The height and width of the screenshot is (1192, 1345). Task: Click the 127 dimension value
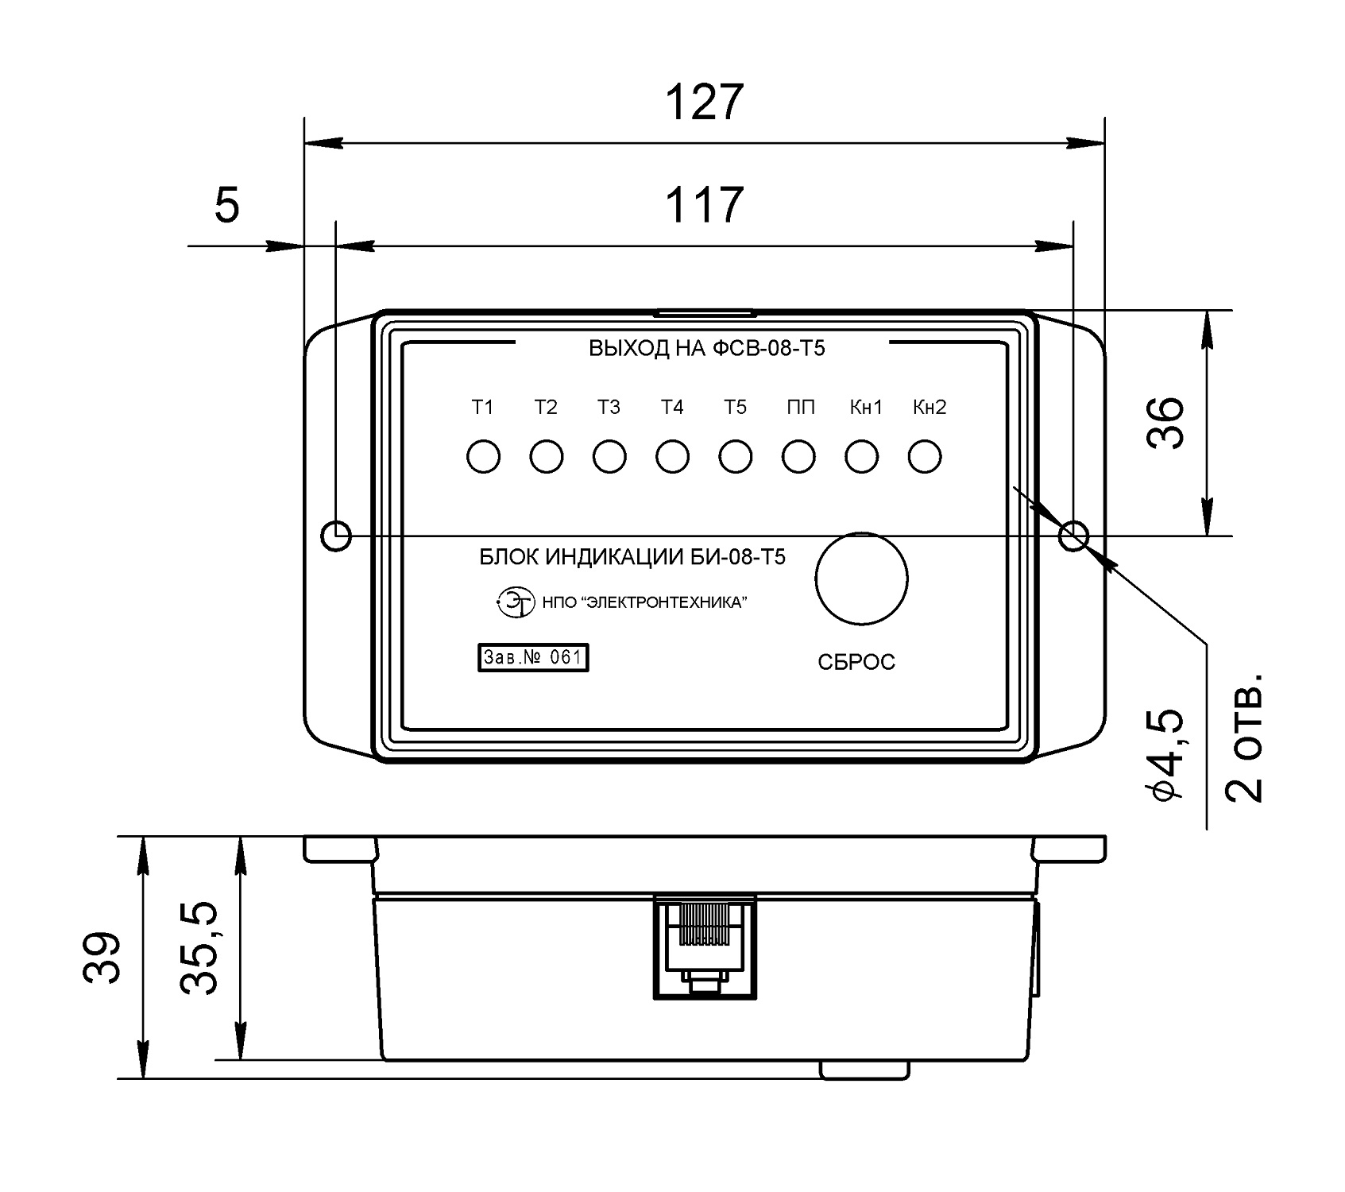click(x=703, y=103)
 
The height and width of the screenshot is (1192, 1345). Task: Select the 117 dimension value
click(x=703, y=205)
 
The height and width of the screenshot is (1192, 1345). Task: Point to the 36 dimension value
click(x=1166, y=422)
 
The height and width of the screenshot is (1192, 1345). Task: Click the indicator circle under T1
click(x=483, y=457)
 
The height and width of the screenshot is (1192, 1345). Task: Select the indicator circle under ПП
click(x=798, y=457)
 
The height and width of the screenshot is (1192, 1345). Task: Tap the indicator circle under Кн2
click(x=925, y=457)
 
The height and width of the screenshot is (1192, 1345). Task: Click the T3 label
click(x=609, y=408)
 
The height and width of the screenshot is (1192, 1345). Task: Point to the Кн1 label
click(x=866, y=408)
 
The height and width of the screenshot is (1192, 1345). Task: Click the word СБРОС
click(x=856, y=662)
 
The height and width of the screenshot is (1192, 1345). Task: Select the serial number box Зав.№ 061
click(x=533, y=658)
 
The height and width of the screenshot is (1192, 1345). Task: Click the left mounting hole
click(x=336, y=536)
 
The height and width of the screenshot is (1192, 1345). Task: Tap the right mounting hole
click(x=1074, y=536)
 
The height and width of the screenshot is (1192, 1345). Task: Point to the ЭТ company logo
click(x=514, y=602)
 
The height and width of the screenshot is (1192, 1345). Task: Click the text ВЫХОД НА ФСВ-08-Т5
click(x=706, y=348)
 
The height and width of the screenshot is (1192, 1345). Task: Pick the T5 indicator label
click(x=736, y=408)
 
